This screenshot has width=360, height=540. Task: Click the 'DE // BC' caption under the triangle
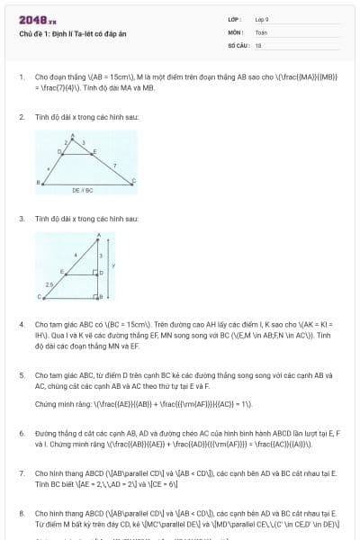pos(83,191)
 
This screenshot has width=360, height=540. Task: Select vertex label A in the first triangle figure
pos(72,135)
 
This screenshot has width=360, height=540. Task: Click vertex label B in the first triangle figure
pos(38,183)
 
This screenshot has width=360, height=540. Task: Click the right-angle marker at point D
pos(94,271)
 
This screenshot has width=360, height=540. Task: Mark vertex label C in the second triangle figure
pos(39,296)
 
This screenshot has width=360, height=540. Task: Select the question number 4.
pos(21,323)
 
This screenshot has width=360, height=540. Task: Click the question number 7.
pos(21,472)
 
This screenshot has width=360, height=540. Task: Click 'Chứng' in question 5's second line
pos(45,404)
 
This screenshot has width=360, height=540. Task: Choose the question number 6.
pos(21,433)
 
